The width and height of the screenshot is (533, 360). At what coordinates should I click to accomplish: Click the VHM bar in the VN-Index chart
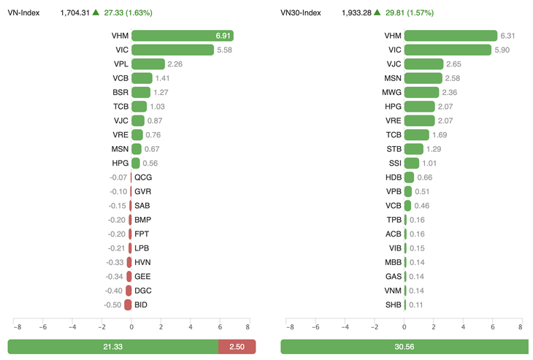click(x=183, y=36)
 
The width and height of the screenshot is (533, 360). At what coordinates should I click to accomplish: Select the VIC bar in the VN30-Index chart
click(x=447, y=50)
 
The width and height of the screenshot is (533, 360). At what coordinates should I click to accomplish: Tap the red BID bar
click(x=128, y=305)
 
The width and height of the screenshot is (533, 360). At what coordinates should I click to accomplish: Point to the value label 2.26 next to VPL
click(x=176, y=64)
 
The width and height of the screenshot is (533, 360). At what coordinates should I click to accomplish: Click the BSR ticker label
click(x=120, y=92)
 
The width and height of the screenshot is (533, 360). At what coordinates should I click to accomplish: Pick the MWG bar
click(x=421, y=92)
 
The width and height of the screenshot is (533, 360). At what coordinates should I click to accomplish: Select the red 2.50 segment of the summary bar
click(x=237, y=346)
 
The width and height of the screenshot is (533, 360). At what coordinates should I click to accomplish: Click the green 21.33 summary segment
click(x=113, y=346)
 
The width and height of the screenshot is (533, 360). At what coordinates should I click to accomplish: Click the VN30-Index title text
click(x=302, y=12)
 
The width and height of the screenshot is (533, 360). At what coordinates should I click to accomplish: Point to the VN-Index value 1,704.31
click(x=75, y=12)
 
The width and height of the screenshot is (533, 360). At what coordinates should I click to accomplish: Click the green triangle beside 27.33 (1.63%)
click(x=96, y=12)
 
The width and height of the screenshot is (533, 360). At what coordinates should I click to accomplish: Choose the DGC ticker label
click(x=142, y=290)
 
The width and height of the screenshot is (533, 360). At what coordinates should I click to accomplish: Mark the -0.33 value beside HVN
click(x=115, y=262)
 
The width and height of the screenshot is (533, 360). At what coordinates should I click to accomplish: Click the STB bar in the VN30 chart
click(x=413, y=149)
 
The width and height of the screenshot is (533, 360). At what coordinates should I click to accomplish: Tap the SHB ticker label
click(x=394, y=305)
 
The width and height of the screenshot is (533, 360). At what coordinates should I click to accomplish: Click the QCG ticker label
click(x=143, y=177)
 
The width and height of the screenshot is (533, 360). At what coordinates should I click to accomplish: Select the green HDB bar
click(x=409, y=177)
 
